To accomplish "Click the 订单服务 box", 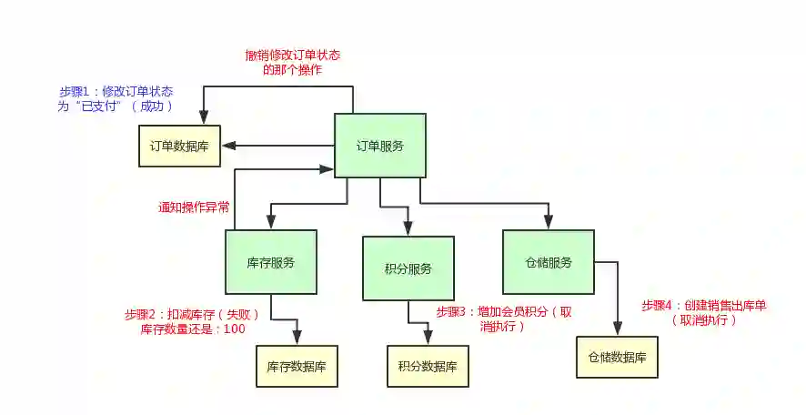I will point(379,146).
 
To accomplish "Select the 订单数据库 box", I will point(179,146).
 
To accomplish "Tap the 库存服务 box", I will point(270,262).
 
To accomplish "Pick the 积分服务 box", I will point(408,268).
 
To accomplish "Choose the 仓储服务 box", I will point(548,262).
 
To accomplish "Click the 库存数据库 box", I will point(297,368).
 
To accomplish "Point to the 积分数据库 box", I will point(428,368).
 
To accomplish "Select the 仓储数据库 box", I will point(616,358).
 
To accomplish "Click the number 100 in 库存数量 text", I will point(233,329).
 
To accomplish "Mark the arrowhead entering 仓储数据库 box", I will point(619,331).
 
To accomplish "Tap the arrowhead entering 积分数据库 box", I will point(428,340).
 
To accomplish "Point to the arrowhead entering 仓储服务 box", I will point(549,224).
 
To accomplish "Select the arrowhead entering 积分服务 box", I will point(408,231).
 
